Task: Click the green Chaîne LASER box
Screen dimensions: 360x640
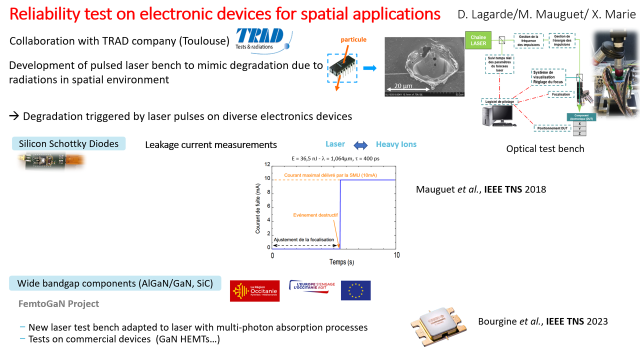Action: click(478, 40)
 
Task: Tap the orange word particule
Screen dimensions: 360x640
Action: click(353, 39)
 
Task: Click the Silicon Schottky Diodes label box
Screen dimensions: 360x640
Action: click(68, 143)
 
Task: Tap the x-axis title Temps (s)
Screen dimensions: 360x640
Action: click(341, 262)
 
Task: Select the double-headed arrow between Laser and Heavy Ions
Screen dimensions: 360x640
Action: click(360, 145)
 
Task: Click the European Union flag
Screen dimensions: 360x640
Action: click(355, 290)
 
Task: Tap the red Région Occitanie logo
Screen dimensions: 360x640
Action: click(254, 291)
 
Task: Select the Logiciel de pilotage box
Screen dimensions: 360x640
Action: click(499, 101)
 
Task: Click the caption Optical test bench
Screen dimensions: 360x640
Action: click(545, 148)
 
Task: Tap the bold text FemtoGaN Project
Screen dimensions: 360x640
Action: click(58, 303)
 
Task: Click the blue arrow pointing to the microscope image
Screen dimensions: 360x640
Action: click(369, 68)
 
